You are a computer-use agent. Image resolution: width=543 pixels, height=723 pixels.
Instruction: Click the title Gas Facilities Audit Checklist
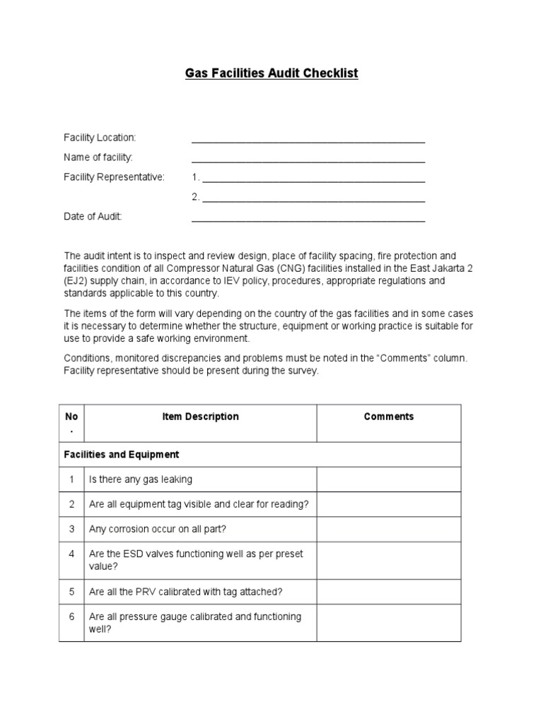271,73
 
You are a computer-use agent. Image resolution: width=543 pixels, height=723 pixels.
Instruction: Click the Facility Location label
100,137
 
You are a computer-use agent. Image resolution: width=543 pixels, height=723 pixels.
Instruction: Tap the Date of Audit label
93,217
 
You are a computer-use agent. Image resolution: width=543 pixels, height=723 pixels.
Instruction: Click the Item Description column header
200,417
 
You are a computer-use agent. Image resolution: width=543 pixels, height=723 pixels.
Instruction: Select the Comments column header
388,417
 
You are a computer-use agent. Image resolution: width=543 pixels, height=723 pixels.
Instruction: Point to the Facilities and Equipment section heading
122,455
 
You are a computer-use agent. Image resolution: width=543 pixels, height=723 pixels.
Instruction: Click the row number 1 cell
71,479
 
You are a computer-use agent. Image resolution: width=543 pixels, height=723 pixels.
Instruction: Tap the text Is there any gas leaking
140,479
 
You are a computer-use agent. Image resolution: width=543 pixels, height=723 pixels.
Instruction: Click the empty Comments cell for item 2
388,504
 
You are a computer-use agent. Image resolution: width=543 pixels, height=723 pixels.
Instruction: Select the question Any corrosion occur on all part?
158,528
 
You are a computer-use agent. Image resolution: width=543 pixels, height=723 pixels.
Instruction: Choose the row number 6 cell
71,617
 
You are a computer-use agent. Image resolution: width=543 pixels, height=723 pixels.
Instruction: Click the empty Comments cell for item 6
388,623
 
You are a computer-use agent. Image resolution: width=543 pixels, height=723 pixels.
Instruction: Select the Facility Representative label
114,177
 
